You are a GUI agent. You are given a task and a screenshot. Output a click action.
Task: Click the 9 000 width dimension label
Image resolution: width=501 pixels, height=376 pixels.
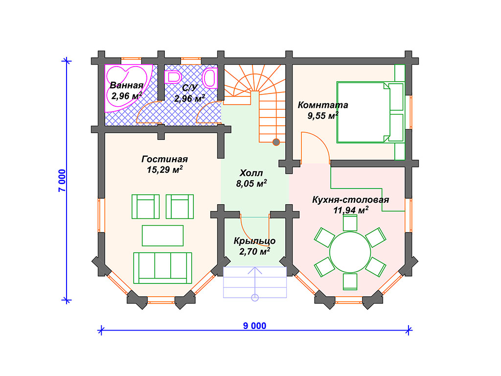(x=254, y=326)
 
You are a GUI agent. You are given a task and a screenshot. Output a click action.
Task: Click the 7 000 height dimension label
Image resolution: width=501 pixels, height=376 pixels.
(x=62, y=181)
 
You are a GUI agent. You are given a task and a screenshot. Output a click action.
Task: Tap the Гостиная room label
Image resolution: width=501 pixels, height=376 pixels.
(x=164, y=159)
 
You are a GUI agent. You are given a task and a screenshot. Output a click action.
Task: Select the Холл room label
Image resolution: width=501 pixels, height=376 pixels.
(x=251, y=173)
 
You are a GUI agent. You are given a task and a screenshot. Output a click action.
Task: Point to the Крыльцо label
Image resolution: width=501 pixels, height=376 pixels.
(x=254, y=241)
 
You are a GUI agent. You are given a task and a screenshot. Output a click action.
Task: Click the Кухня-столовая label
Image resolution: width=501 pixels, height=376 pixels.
(x=350, y=200)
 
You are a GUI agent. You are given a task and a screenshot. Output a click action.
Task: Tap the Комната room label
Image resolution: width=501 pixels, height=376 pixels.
(x=323, y=105)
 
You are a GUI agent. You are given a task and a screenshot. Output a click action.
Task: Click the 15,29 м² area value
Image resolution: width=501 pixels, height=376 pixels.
(x=164, y=169)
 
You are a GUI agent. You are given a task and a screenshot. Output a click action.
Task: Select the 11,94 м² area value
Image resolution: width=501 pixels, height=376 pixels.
(x=350, y=210)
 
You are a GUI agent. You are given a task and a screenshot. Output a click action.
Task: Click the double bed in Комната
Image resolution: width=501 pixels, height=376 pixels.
(x=370, y=112)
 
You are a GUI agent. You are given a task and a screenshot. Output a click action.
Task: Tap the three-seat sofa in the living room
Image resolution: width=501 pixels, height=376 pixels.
(x=162, y=268)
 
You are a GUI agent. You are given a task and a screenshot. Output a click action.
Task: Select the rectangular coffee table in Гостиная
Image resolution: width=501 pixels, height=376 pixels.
(x=162, y=235)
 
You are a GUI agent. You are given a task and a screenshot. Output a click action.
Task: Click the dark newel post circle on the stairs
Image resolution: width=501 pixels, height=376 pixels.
(x=276, y=142)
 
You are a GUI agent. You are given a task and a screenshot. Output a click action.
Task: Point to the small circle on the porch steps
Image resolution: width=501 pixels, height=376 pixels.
(x=254, y=298)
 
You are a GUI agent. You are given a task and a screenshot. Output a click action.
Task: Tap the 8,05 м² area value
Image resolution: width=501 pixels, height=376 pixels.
(x=251, y=184)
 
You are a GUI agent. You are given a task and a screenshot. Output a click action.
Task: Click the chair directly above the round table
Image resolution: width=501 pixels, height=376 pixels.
(x=350, y=223)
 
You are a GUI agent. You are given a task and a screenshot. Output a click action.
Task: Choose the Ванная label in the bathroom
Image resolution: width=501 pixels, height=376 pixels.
(x=127, y=85)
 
